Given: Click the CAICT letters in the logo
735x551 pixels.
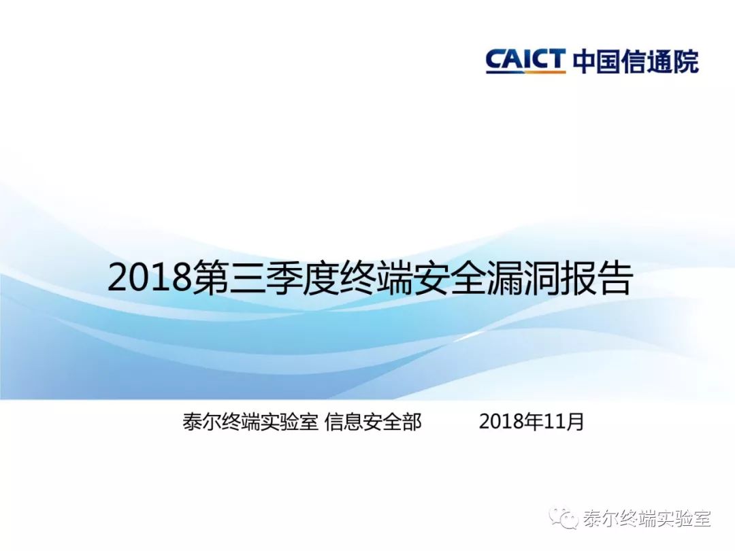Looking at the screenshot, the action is (x=525, y=59).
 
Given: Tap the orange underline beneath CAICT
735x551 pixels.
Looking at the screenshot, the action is (x=525, y=71).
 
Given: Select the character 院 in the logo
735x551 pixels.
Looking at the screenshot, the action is (x=686, y=61).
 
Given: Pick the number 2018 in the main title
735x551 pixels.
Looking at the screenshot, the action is (x=150, y=278).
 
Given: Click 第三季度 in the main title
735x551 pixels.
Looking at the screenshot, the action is (x=266, y=278).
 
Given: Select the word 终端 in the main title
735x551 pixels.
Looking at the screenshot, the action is (x=376, y=278).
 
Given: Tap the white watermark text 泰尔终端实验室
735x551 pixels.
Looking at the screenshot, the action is (x=647, y=518).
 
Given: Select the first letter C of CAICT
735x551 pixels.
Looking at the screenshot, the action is (x=495, y=59).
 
